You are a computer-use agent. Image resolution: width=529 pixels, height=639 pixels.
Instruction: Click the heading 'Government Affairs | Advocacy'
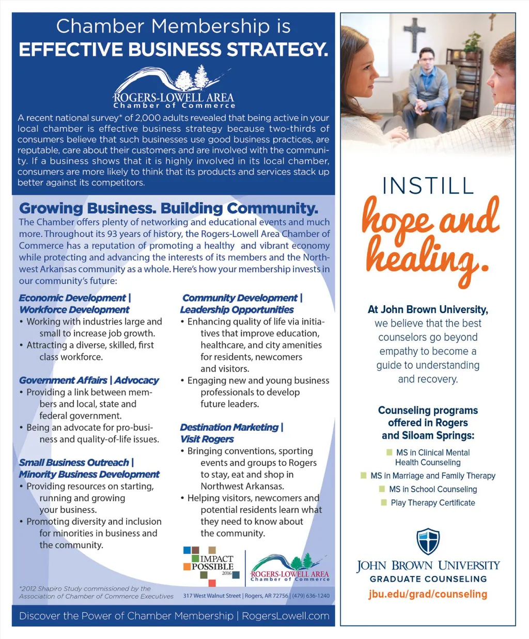[89, 380]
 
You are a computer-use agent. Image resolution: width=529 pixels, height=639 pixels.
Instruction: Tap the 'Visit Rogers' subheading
[207, 439]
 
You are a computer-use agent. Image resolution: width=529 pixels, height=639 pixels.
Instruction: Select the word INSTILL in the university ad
[428, 186]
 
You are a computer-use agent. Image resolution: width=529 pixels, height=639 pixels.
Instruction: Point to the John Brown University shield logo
[428, 541]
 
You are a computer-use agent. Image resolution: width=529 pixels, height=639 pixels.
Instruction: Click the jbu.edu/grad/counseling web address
[428, 594]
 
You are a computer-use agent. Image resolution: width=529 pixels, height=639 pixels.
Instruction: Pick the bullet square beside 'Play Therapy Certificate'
[384, 503]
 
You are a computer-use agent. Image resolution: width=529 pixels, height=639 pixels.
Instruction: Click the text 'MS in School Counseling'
[433, 489]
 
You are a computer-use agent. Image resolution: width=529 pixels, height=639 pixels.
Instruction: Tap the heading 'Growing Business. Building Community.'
[168, 208]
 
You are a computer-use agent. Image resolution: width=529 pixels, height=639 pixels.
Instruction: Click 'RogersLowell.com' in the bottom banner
[285, 616]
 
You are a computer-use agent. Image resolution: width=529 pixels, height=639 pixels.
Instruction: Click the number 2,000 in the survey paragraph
[148, 118]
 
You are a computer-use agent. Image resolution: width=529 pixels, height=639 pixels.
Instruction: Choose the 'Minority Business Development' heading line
[89, 474]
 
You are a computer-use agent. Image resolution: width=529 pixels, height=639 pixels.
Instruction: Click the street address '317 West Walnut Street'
[212, 596]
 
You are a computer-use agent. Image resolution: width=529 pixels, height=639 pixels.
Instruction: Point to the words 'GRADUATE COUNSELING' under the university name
[428, 579]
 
